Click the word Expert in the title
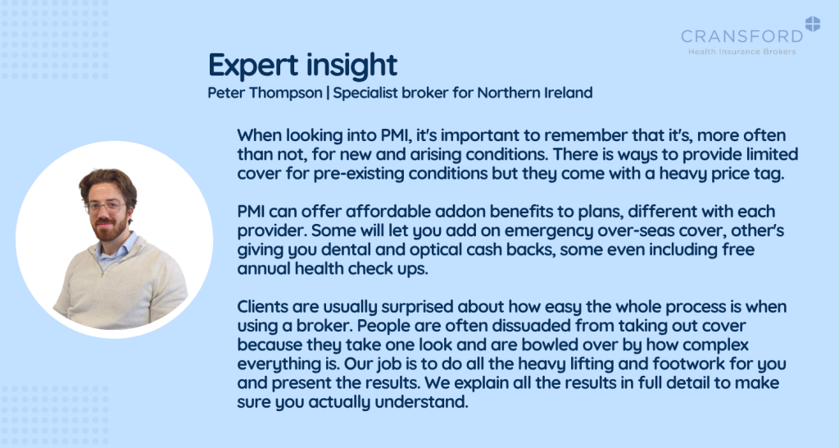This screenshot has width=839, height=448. (x=253, y=66)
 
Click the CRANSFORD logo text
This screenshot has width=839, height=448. (x=742, y=36)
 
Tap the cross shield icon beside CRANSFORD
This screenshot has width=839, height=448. (x=812, y=24)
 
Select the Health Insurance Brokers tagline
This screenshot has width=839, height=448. (x=742, y=52)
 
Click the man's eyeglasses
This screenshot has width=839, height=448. (x=106, y=207)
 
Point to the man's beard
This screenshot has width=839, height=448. (x=109, y=227)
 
